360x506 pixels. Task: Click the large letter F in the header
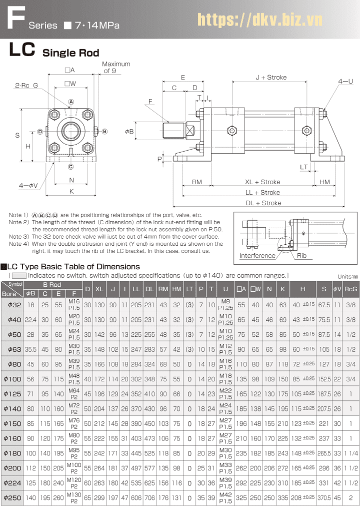coord(13,19)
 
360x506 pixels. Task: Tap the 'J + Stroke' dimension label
coord(271,78)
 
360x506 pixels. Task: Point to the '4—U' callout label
coord(345,81)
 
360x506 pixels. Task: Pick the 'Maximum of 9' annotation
coord(116,67)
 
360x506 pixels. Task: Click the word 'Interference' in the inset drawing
coord(257,255)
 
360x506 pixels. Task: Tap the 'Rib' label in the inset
coord(301,255)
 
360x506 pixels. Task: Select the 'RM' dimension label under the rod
coord(197,182)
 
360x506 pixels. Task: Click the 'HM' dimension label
coord(325,182)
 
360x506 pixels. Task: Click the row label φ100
coord(11,379)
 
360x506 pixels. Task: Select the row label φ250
coord(11,498)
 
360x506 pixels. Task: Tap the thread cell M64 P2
coord(74,394)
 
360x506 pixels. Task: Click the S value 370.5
coord(324,498)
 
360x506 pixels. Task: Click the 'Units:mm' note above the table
coord(347,276)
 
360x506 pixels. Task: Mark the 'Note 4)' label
coord(19,244)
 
